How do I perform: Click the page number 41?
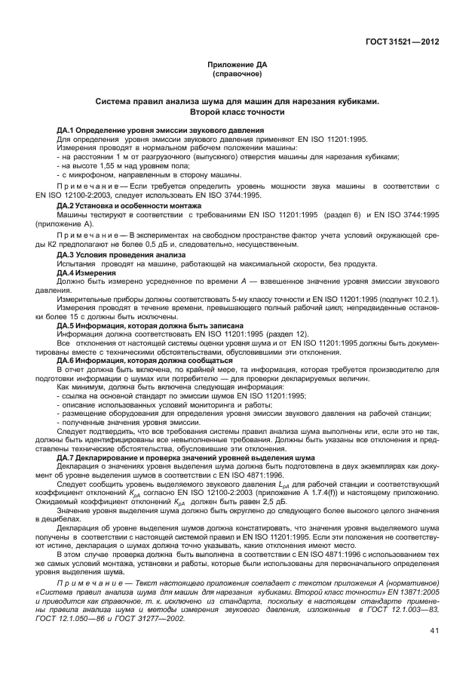(x=434, y=631)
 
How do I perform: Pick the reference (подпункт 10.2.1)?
(x=404, y=301)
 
